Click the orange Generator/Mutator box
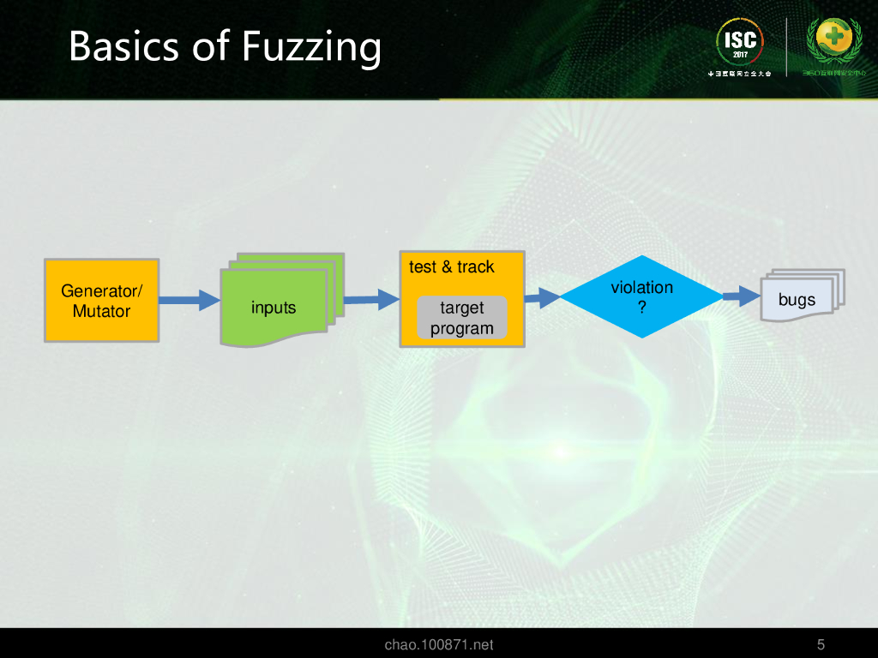[x=101, y=300]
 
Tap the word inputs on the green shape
[x=274, y=308]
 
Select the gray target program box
[x=461, y=318]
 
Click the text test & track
[x=452, y=267]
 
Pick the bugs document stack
[x=800, y=297]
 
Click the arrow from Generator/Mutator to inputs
[x=189, y=300]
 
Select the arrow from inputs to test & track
[x=371, y=299]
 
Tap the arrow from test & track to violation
[x=542, y=297]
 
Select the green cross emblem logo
[x=834, y=40]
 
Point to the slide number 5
[x=821, y=644]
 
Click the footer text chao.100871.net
[x=439, y=644]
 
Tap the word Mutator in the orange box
[x=101, y=311]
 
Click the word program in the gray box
[x=462, y=328]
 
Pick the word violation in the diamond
[x=642, y=288]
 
